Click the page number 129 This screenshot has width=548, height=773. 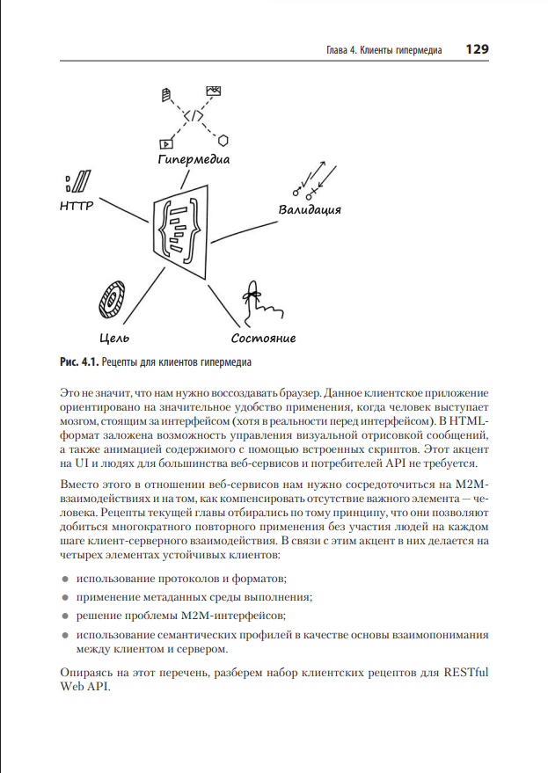(477, 50)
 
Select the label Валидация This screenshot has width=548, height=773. (310, 210)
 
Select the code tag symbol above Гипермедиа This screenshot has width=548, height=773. (194, 115)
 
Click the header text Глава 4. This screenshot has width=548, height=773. (333, 51)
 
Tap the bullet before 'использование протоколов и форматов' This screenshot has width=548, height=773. (66, 579)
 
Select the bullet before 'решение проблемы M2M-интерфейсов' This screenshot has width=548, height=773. (66, 616)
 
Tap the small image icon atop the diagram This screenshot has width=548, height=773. (213, 91)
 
